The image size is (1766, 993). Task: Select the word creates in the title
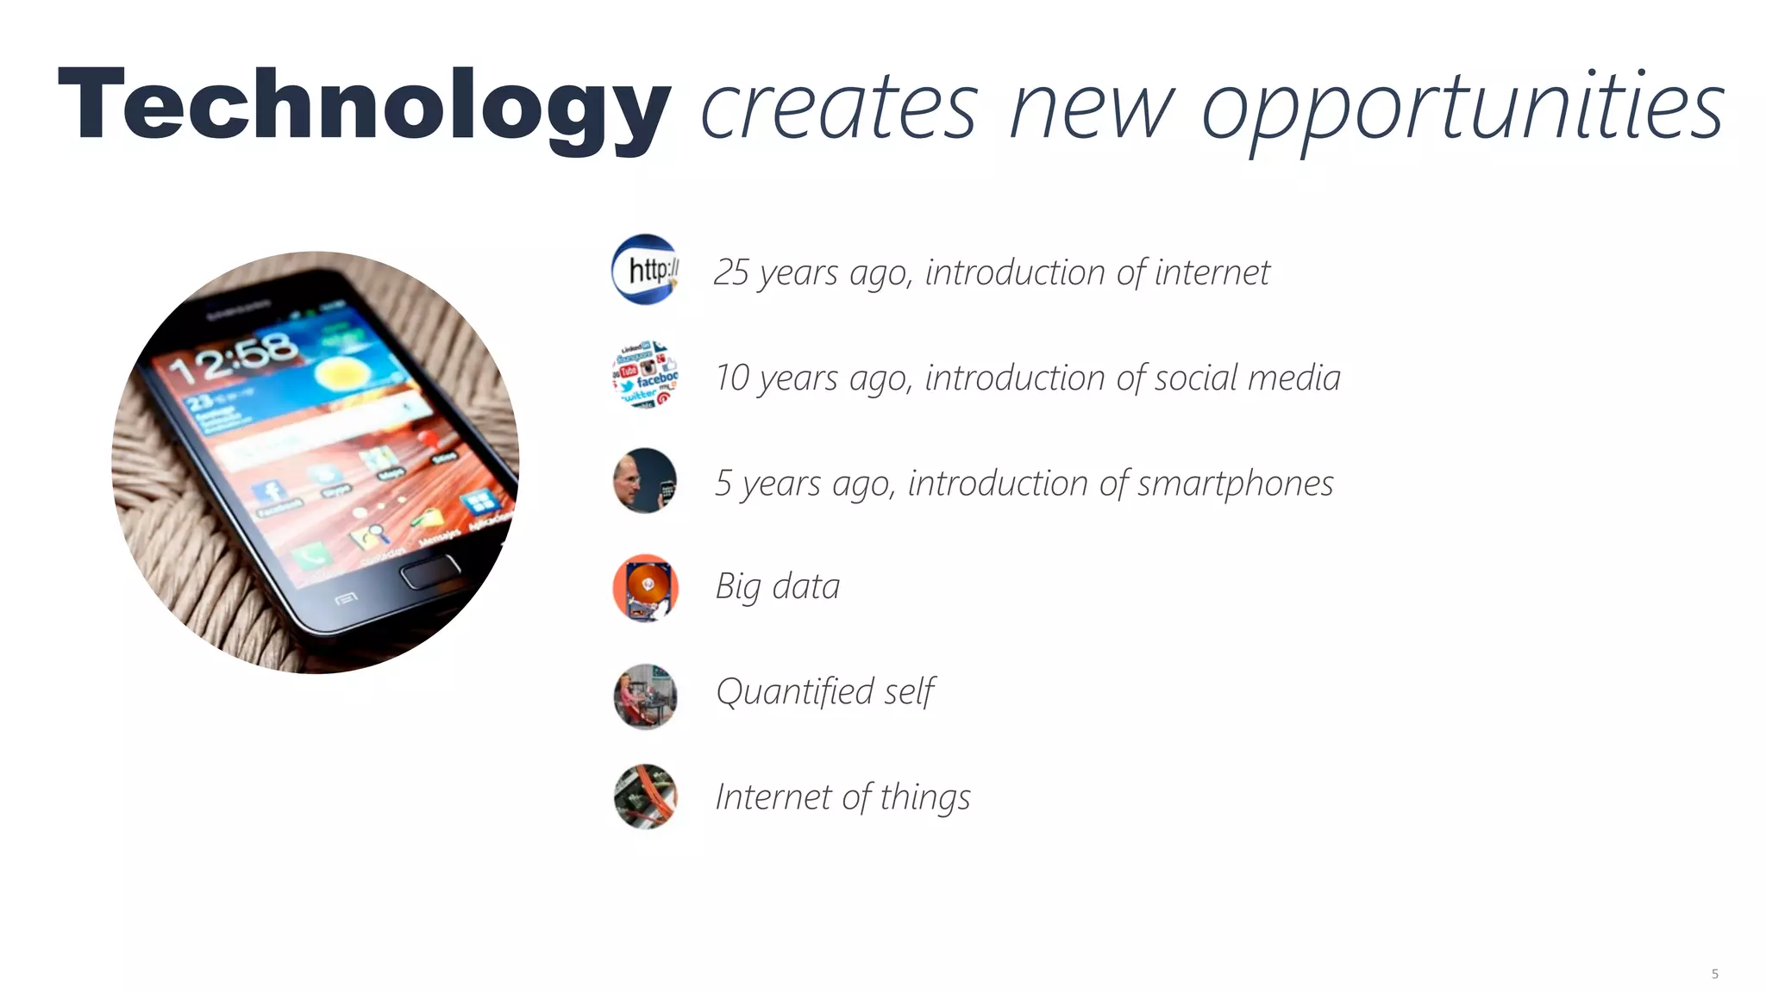839,109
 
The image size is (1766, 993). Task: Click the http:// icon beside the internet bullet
645,269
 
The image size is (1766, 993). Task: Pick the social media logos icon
645,374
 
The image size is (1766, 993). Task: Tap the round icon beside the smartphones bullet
645,480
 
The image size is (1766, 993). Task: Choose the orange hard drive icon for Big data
645,588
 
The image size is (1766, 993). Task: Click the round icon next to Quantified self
645,696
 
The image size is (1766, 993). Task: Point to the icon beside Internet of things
645,796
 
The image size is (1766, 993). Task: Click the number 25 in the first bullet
731,272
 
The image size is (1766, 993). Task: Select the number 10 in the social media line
732,378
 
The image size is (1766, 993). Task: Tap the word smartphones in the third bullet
1235,484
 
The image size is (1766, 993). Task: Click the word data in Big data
805,587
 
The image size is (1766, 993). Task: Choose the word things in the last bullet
925,797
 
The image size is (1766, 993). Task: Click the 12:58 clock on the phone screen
233,357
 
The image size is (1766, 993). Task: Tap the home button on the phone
430,571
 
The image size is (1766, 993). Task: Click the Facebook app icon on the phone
271,492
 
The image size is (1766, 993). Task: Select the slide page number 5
1714,974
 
